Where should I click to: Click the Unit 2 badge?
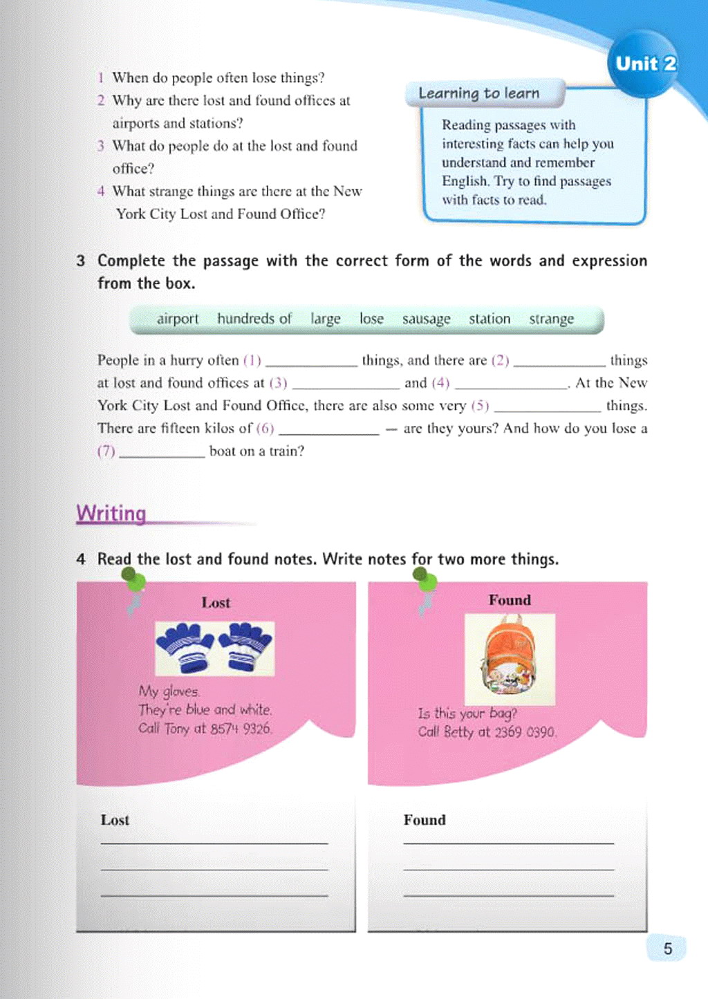[x=645, y=64]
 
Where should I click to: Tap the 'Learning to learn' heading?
[x=478, y=93]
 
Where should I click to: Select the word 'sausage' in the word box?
[x=426, y=319]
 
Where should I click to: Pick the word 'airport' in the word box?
[x=177, y=319]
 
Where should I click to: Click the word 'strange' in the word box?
[x=551, y=319]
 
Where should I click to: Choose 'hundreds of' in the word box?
[x=254, y=319]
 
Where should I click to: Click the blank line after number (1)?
[x=311, y=364]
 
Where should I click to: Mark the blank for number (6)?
[x=328, y=432]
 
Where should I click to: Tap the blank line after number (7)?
[x=162, y=455]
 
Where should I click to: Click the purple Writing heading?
[x=111, y=514]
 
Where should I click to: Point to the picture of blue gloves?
[x=214, y=648]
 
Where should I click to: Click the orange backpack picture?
[x=510, y=659]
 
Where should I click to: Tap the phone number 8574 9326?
[x=241, y=728]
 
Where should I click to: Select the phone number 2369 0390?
[x=525, y=731]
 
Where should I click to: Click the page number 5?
[x=667, y=949]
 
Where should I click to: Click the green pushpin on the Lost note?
[x=133, y=580]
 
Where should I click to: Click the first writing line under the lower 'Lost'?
[x=214, y=842]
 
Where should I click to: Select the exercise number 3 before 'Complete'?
[x=81, y=261]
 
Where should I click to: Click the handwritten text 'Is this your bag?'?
[x=467, y=713]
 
